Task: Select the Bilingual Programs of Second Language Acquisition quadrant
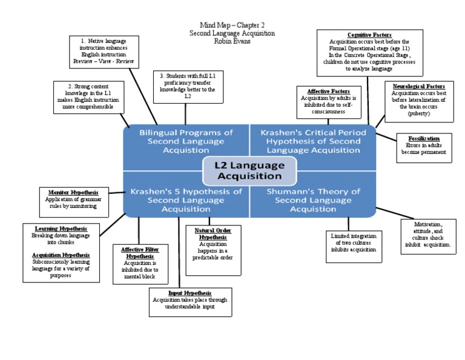pos(186,141)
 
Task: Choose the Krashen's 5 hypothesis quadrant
pos(186,200)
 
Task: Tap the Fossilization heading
pos(424,138)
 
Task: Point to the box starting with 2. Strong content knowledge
pos(88,96)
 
